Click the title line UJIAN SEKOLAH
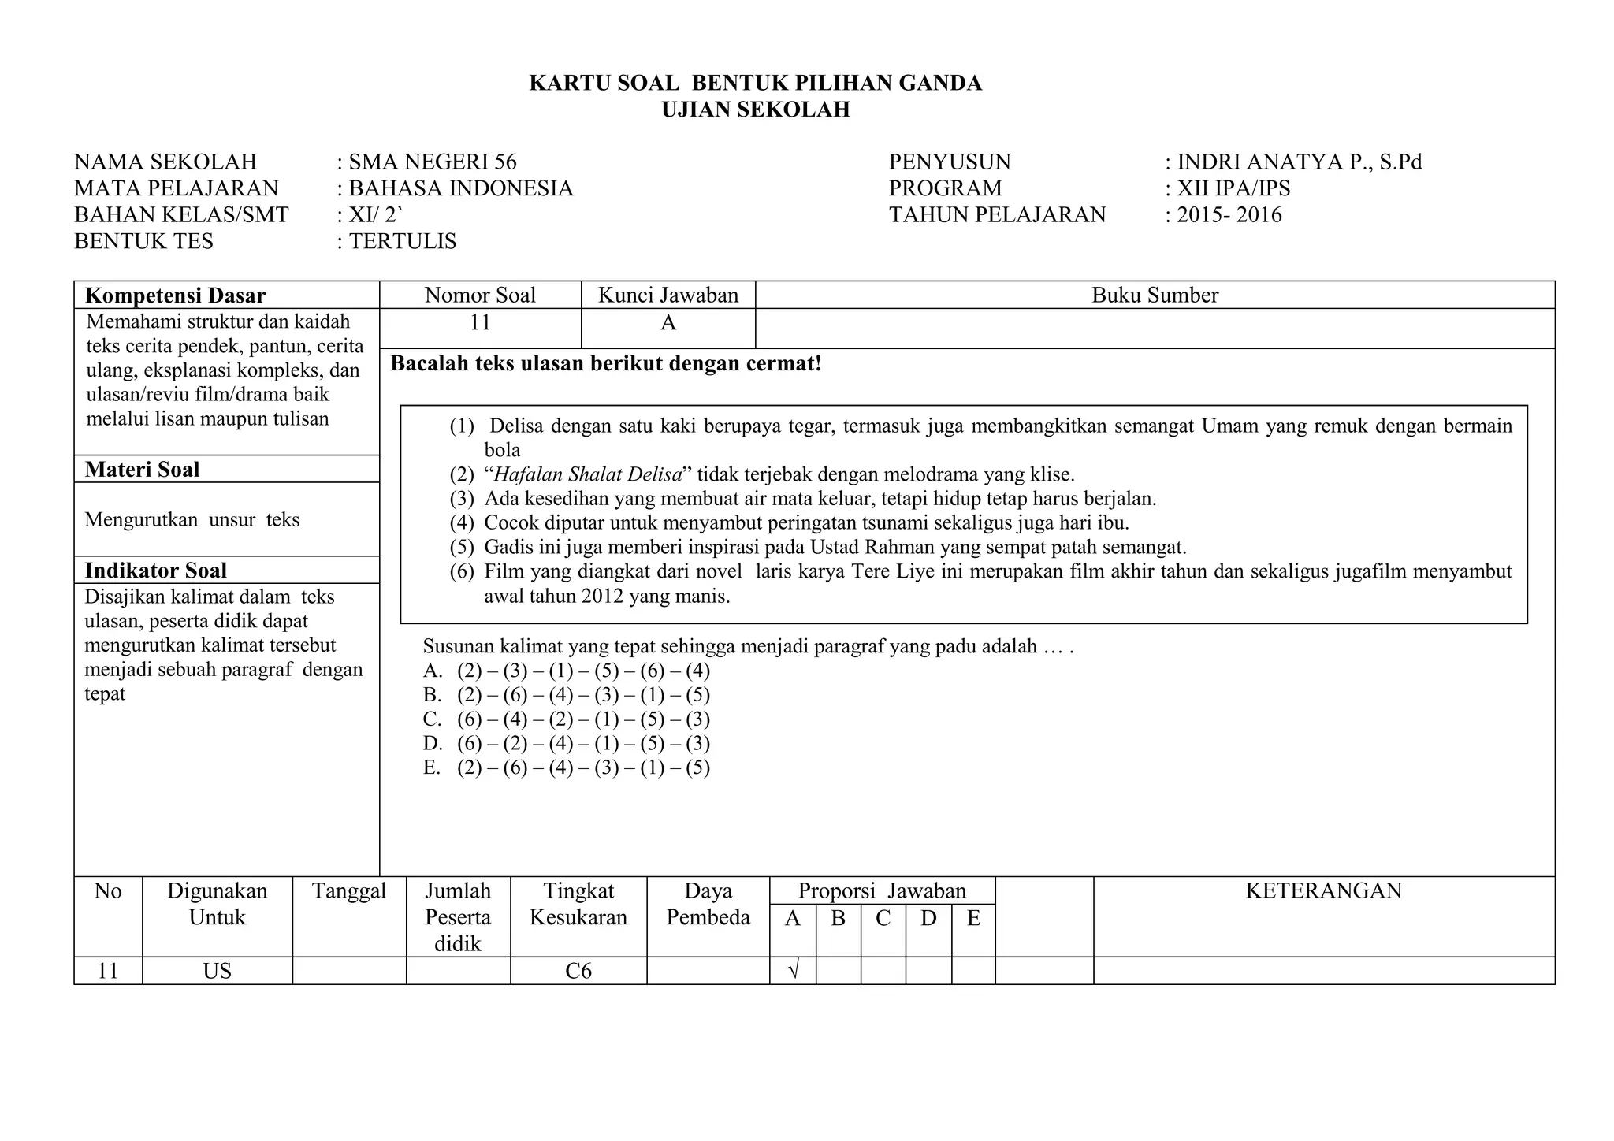point(755,110)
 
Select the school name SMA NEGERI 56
point(433,162)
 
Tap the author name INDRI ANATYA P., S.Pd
point(1299,162)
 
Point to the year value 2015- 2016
point(1229,215)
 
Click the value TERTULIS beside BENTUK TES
point(402,241)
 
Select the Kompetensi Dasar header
point(175,295)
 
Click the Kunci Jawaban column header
point(668,295)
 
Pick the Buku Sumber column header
point(1155,295)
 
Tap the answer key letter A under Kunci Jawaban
point(668,323)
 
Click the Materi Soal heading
point(142,470)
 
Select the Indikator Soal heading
point(155,570)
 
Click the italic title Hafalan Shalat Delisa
point(587,475)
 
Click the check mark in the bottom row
point(793,971)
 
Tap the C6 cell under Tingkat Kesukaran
point(578,971)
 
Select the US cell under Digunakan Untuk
point(217,971)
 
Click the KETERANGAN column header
point(1323,891)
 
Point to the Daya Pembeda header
point(708,904)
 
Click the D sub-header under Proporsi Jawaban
point(928,919)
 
